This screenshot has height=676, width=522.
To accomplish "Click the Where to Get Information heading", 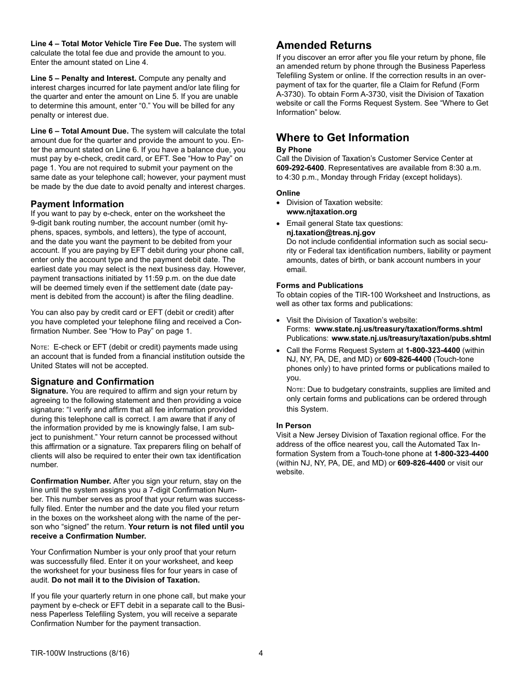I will pyautogui.click(x=342, y=137).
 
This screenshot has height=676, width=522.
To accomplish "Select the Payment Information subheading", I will pyautogui.click(x=77, y=204).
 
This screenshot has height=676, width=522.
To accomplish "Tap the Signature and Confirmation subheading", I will pyautogui.click(x=92, y=381).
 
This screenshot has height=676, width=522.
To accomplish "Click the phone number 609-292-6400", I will pyautogui.click(x=300, y=168).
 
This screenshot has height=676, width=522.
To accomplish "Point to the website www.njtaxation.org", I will pyautogui.click(x=321, y=212).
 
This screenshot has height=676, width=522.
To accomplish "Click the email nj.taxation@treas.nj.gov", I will pyautogui.click(x=331, y=232).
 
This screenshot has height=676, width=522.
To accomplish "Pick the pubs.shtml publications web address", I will pyautogui.click(x=411, y=338).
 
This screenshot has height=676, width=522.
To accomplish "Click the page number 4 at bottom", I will pyautogui.click(x=261, y=653).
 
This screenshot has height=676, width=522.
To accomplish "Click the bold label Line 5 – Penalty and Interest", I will pyautogui.click(x=84, y=78).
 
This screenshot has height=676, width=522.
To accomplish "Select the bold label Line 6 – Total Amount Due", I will pyautogui.click(x=80, y=131).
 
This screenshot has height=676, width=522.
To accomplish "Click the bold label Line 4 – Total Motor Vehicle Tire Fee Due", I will pyautogui.click(x=105, y=43).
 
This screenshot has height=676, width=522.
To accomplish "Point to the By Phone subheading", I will pyautogui.click(x=293, y=149).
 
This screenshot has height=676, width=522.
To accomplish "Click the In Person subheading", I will pyautogui.click(x=293, y=425).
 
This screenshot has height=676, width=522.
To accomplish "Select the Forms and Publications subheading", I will pyautogui.click(x=319, y=285).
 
